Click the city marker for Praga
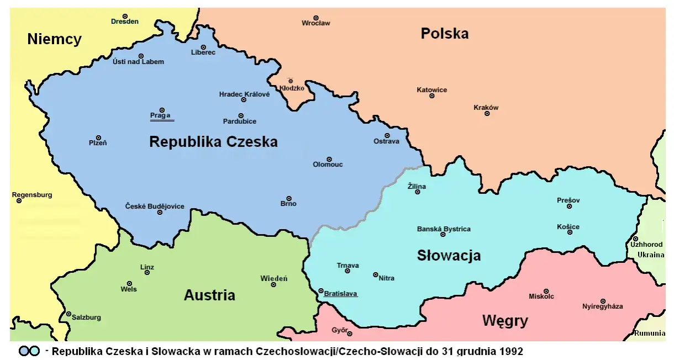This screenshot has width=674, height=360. [162, 110]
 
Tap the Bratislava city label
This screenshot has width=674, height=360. [340, 293]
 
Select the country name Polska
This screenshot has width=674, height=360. [444, 34]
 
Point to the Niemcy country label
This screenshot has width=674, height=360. [54, 39]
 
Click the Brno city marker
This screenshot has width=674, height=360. [288, 198]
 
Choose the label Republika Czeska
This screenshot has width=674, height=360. [213, 142]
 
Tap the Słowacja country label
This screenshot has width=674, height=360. [449, 256]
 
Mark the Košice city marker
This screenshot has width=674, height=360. [570, 232]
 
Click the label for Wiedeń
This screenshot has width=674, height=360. [273, 278]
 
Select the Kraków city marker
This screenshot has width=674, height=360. [487, 114]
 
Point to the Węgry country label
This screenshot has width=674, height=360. [505, 321]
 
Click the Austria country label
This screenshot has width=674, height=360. [209, 295]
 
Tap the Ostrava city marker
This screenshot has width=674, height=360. [387, 135]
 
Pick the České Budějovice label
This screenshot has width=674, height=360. [155, 207]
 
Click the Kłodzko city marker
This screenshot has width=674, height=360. [291, 81]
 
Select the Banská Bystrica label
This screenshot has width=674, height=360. [444, 229]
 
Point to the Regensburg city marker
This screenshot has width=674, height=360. [19, 200]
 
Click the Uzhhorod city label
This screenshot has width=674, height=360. [646, 245]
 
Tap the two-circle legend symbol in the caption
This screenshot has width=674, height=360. [29, 352]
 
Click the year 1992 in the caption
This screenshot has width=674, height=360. [512, 351]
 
